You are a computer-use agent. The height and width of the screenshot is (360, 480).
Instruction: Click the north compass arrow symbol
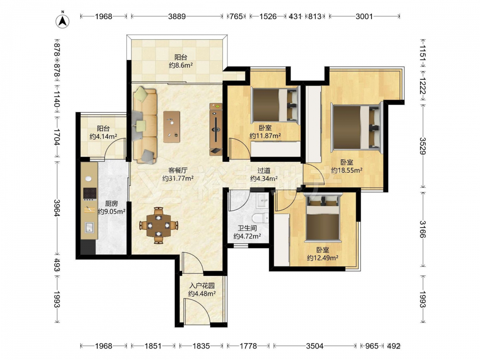coord(62,21)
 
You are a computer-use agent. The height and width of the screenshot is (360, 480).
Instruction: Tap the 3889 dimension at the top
coord(177,16)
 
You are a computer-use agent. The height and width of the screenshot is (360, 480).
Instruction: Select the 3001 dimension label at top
coord(364,16)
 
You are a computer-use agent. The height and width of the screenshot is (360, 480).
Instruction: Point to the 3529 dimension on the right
coord(423,146)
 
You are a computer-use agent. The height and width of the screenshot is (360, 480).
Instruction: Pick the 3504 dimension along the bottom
coord(315,346)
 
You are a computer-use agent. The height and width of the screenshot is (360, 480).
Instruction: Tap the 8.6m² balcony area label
coord(180,65)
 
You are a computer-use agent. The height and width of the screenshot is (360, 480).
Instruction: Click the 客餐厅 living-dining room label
coord(178,170)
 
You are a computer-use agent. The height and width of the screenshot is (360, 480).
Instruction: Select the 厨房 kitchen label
coord(111,203)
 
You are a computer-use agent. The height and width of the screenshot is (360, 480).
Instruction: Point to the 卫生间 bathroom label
coord(247,228)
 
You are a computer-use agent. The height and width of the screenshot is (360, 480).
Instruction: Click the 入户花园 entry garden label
coord(202,286)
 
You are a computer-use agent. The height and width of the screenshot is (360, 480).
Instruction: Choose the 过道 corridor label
coord(264,170)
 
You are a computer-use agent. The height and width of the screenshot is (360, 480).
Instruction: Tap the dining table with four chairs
coord(158,226)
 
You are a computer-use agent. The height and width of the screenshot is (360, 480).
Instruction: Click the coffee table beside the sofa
coord(171,127)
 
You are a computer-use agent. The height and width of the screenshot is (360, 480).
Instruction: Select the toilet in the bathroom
coord(261,218)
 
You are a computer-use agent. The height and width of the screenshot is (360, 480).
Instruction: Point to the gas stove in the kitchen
coord(90,193)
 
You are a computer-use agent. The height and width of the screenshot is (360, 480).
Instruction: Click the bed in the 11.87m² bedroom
coord(275,104)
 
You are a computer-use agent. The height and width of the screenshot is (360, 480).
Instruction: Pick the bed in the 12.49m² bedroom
coord(323,217)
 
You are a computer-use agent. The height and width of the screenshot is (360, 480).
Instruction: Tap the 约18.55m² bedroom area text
coord(347,170)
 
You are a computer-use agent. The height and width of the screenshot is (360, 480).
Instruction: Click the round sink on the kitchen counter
coord(88,179)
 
